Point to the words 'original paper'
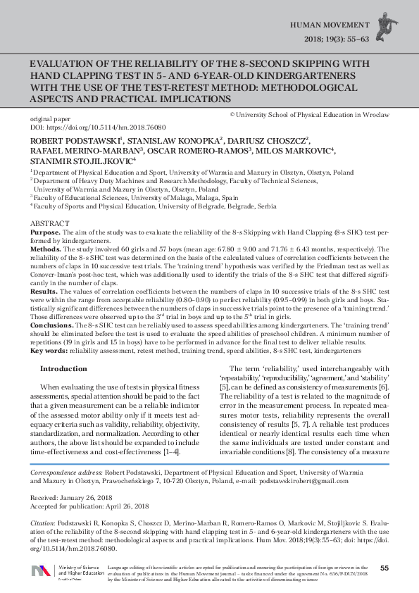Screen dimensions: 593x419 (51, 120)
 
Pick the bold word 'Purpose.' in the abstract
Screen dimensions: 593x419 (45, 231)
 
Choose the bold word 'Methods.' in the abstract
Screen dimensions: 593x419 (46, 249)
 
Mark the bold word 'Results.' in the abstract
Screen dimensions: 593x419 (44, 291)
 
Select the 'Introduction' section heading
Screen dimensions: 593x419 (64, 368)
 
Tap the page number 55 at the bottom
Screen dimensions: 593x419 (384, 568)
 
